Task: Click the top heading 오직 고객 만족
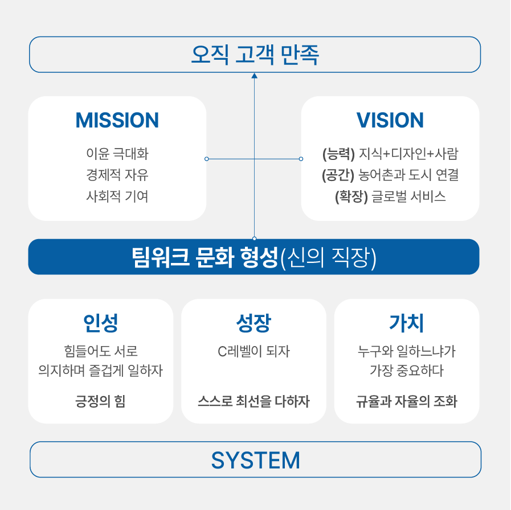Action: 255,55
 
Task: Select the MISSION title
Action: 117,120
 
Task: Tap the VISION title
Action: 390,120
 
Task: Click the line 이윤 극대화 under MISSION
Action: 117,154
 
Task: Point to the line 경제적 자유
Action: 117,175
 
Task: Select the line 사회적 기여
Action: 117,196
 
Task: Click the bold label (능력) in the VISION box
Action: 338,154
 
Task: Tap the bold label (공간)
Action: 338,175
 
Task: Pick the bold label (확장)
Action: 351,196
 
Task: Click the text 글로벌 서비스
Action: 408,196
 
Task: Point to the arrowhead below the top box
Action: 255,76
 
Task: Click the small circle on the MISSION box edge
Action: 207,159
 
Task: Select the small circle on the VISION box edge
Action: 301,159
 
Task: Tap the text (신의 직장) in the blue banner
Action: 329,258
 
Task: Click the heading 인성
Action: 101,323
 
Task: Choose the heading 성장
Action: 254,323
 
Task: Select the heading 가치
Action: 407,323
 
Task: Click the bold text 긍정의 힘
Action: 101,401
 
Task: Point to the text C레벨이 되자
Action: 254,351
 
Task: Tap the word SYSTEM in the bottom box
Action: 255,460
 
